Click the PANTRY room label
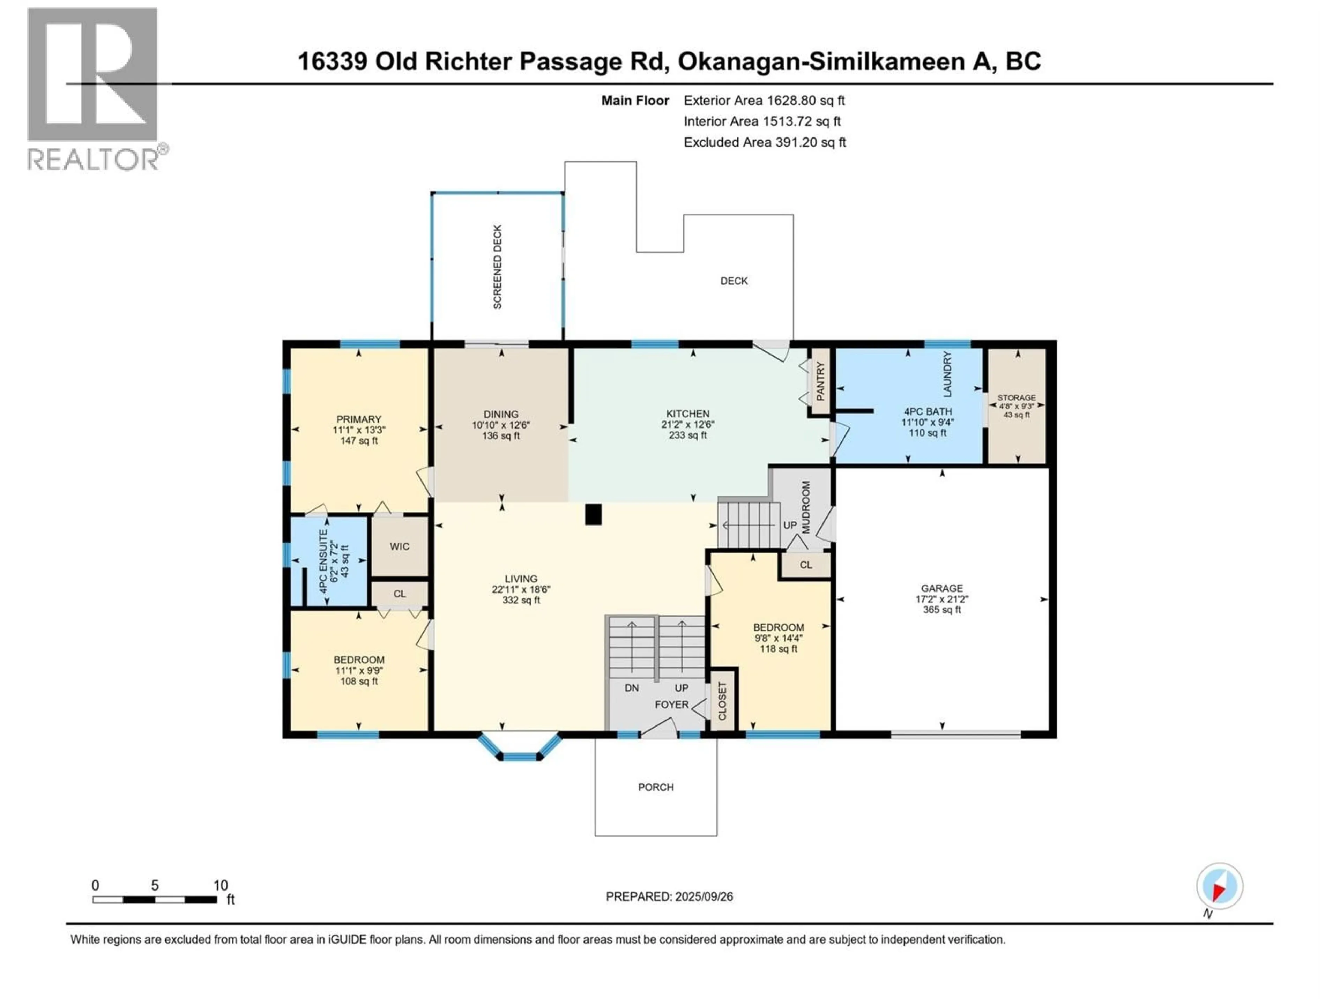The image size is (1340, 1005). pyautogui.click(x=820, y=382)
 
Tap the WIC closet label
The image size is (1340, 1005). pyautogui.click(x=399, y=546)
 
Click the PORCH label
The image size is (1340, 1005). pyautogui.click(x=655, y=787)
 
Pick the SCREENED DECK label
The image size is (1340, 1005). pyautogui.click(x=497, y=267)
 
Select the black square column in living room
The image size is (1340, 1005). pyautogui.click(x=593, y=514)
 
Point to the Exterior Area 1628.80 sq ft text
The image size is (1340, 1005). pyautogui.click(x=764, y=100)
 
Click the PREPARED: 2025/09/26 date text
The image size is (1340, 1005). pyautogui.click(x=669, y=896)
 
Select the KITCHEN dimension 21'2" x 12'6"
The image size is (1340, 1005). pyautogui.click(x=687, y=425)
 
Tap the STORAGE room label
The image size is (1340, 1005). pyautogui.click(x=1017, y=397)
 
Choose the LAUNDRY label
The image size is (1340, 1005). pyautogui.click(x=947, y=374)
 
